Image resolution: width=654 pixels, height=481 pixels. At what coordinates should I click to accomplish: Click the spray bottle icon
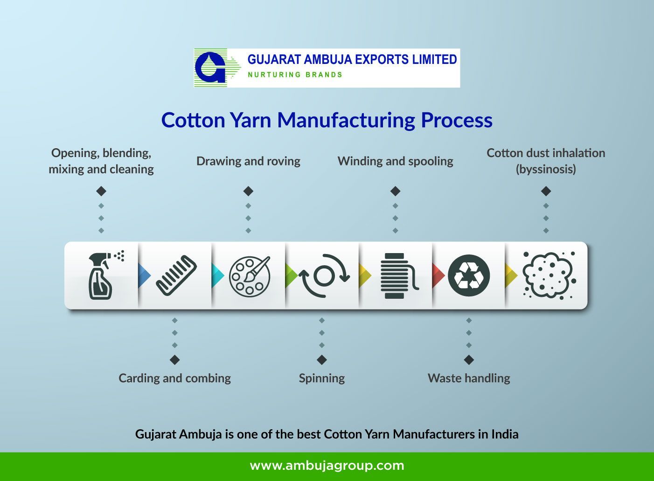[x=102, y=276]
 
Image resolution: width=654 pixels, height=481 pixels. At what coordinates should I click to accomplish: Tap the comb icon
[x=176, y=275]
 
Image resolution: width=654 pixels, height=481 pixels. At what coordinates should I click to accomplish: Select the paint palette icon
[x=249, y=276]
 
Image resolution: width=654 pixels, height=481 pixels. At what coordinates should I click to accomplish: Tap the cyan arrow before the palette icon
[x=217, y=275]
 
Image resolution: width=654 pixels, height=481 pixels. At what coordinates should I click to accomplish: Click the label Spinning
[x=321, y=378]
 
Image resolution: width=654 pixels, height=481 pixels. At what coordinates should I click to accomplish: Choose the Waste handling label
[x=469, y=378]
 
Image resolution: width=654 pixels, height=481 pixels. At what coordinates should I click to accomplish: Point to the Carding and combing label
[x=174, y=378]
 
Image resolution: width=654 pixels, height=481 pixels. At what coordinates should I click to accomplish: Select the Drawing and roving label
[x=248, y=161]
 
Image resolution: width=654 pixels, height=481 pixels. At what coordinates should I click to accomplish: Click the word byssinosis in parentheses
[x=546, y=169]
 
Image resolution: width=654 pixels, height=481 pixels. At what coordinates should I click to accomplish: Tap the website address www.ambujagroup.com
[x=327, y=466]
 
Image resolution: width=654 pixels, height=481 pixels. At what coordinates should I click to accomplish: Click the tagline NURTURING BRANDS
[x=295, y=75]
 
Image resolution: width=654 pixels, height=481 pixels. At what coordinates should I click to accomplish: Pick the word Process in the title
[x=456, y=120]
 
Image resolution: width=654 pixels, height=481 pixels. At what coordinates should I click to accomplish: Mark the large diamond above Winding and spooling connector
[x=396, y=191]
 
